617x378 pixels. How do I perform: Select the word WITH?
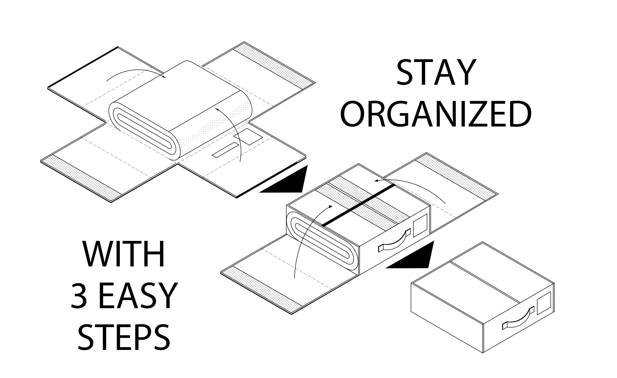(124, 254)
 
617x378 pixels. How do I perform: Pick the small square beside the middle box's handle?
(420, 225)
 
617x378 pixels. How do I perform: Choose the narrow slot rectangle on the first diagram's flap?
(225, 150)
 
